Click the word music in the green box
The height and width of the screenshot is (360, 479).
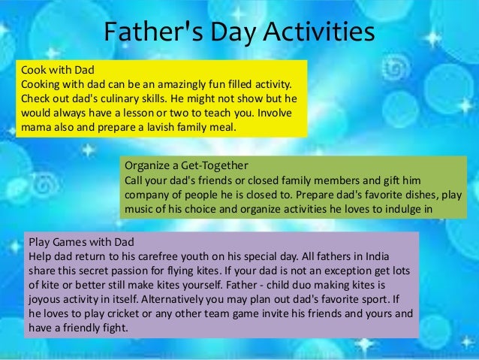coord(140,210)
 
